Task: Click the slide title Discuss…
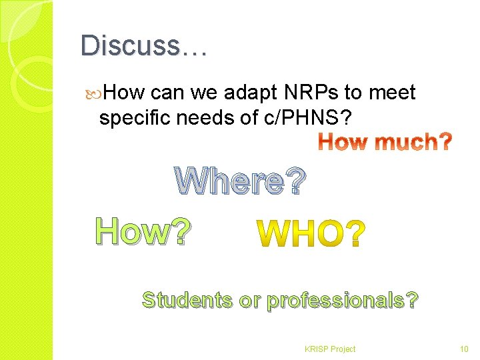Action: tap(144, 46)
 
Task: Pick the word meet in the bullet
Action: tap(393, 92)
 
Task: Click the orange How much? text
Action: tap(385, 142)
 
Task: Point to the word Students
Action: tap(187, 300)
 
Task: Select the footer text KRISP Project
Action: tap(329, 349)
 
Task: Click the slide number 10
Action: tap(465, 349)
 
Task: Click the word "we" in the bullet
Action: tap(201, 93)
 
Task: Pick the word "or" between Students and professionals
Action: tap(249, 301)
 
